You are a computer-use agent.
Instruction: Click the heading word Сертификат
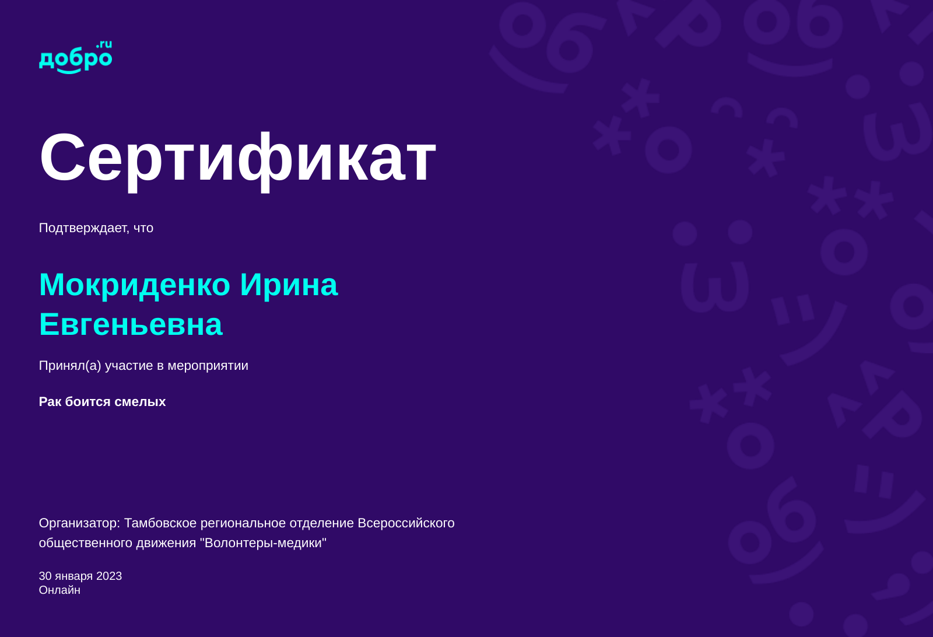pyautogui.click(x=237, y=157)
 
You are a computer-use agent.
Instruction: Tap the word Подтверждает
pyautogui.click(x=83, y=228)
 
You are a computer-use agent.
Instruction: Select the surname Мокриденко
pyautogui.click(x=135, y=285)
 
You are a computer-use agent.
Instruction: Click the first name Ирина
pyautogui.click(x=289, y=285)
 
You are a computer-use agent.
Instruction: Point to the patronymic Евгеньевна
pyautogui.click(x=131, y=324)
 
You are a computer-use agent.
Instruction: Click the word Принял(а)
pyautogui.click(x=70, y=366)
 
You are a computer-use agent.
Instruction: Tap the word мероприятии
pyautogui.click(x=208, y=366)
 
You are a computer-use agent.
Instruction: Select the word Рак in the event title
pyautogui.click(x=50, y=402)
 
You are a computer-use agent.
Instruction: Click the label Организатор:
pyautogui.click(x=79, y=523)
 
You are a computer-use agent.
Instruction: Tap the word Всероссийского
pyautogui.click(x=406, y=523)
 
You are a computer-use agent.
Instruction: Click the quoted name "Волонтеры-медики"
pyautogui.click(x=263, y=543)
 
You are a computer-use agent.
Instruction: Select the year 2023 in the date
pyautogui.click(x=109, y=576)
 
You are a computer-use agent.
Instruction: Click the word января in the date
pyautogui.click(x=73, y=576)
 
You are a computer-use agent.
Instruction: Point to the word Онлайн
pyautogui.click(x=59, y=590)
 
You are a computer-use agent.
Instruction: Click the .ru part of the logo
pyautogui.click(x=104, y=44)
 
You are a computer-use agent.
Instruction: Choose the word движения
pyautogui.click(x=166, y=543)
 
